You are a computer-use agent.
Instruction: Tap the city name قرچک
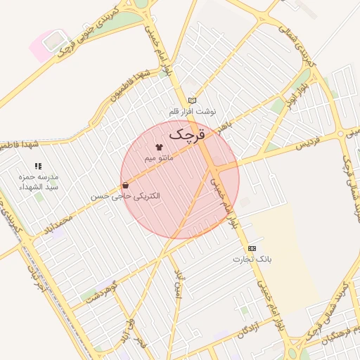coord(184,132)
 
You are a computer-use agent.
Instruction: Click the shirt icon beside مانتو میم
coord(158,147)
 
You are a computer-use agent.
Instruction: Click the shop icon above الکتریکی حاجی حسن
coord(125,186)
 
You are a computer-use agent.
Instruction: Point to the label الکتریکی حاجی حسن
coord(126,196)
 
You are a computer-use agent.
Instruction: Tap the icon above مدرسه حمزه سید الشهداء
coord(38,166)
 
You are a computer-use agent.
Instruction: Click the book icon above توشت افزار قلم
coord(192,101)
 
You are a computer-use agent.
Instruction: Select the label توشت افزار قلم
coord(192,112)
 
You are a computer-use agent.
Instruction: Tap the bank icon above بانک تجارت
coord(252,248)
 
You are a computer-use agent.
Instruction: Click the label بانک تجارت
coord(252,259)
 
